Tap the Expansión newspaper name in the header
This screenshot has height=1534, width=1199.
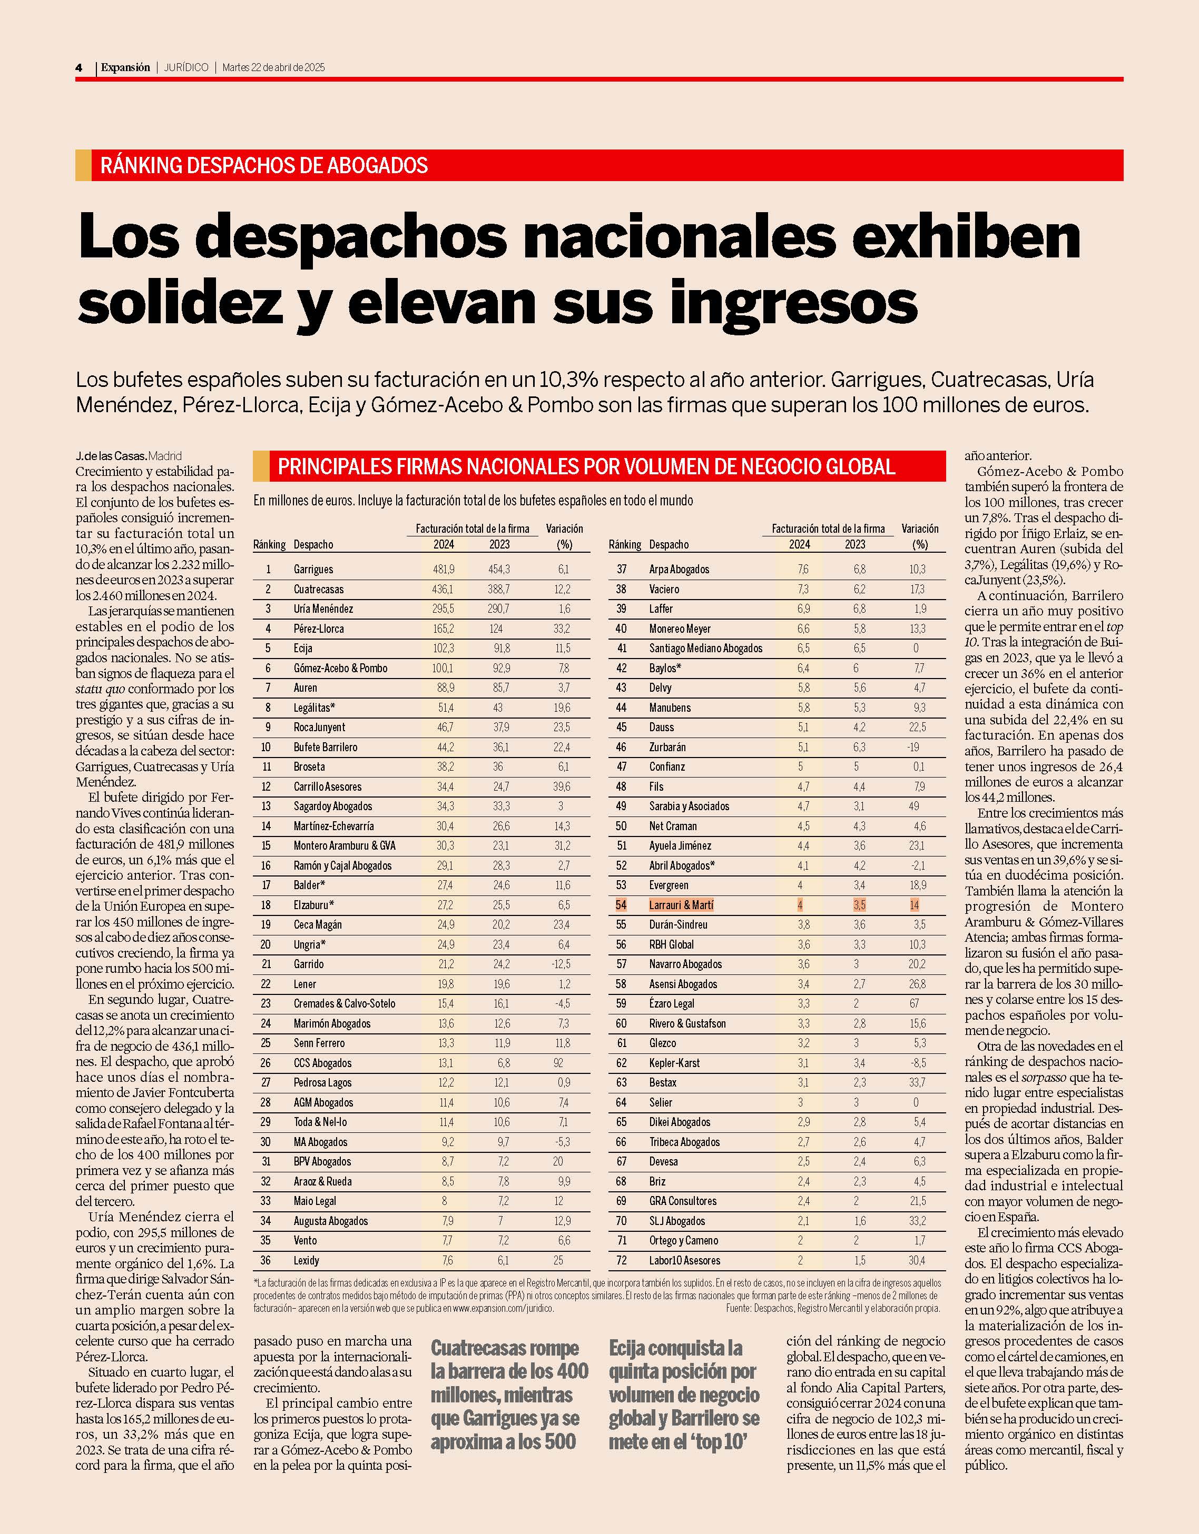(x=125, y=67)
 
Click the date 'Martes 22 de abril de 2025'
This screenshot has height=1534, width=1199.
(x=273, y=67)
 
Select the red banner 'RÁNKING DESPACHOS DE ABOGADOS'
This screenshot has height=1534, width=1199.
(x=599, y=165)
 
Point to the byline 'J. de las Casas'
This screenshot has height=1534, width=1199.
(x=111, y=456)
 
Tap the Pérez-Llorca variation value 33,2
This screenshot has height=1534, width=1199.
(x=562, y=629)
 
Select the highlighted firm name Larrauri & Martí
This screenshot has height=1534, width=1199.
(x=681, y=905)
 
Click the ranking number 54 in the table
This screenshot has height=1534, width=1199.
(x=621, y=905)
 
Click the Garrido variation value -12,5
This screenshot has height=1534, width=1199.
(x=561, y=964)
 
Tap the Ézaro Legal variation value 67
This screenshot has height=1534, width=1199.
(x=915, y=1004)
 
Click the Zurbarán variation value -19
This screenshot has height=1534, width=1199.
(x=913, y=748)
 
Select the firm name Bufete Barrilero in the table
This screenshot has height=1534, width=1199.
(x=326, y=748)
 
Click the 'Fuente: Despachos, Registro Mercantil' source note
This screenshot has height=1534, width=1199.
(x=833, y=1309)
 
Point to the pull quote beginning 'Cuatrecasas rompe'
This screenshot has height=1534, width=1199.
(x=509, y=1396)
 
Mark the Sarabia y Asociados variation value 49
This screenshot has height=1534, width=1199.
(x=915, y=806)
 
